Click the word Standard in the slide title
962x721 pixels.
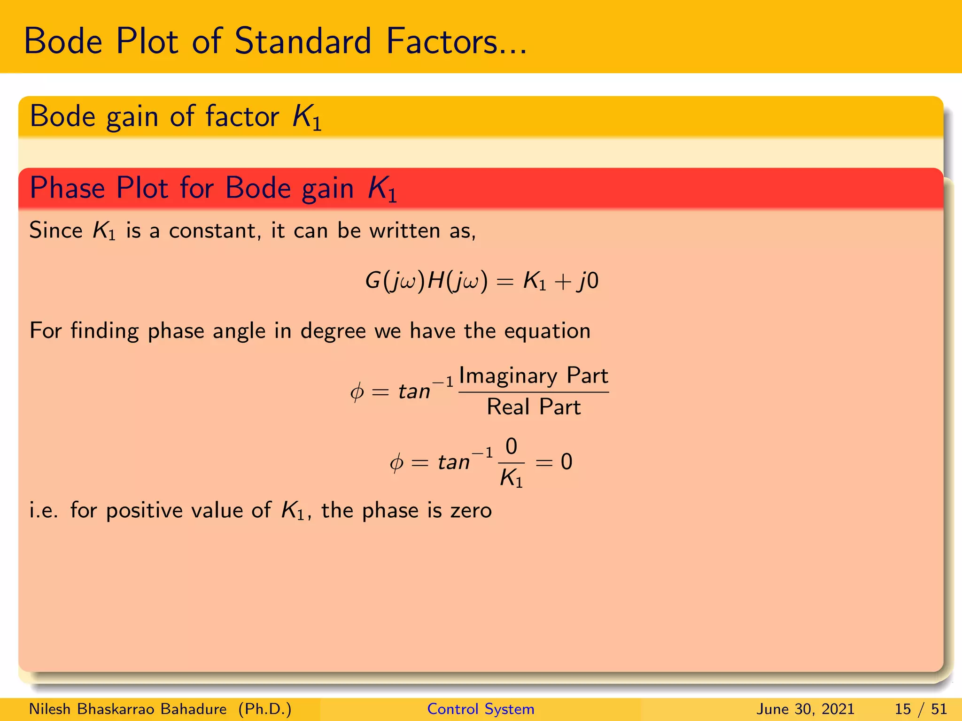tap(303, 41)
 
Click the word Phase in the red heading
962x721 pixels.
tap(67, 188)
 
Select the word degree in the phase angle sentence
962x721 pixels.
tap(333, 331)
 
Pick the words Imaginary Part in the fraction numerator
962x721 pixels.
tap(534, 376)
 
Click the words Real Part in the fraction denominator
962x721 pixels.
tap(534, 407)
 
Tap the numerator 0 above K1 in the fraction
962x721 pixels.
tap(511, 446)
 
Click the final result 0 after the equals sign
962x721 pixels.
tap(566, 462)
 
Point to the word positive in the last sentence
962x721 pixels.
tap(144, 511)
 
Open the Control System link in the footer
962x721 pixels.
tap(481, 709)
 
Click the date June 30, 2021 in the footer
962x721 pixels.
tap(805, 709)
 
